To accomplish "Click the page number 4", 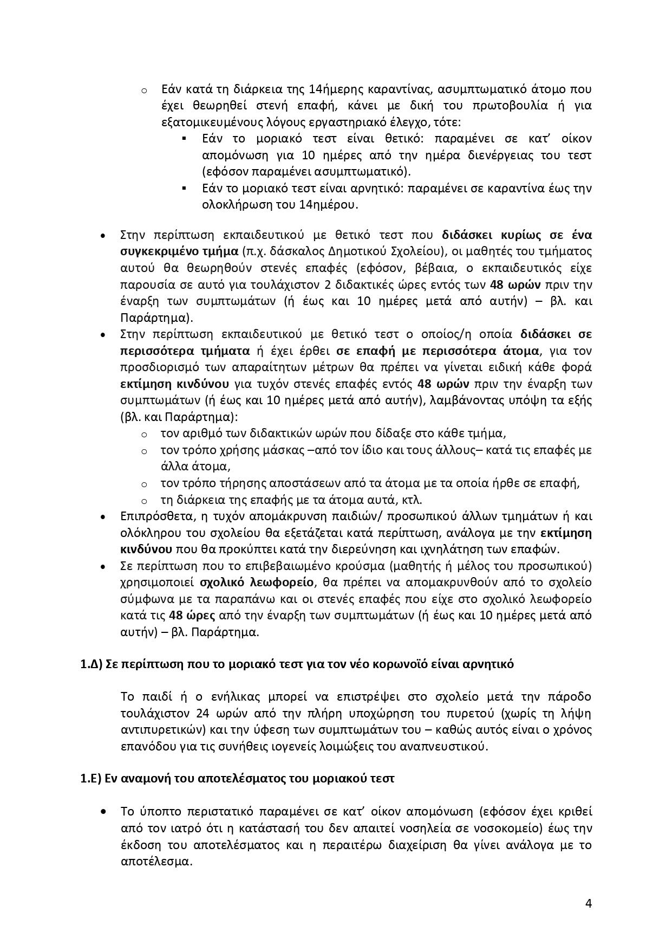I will [x=589, y=903].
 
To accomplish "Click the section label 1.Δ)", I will [x=91, y=664].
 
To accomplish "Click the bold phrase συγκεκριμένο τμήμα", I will [x=179, y=251].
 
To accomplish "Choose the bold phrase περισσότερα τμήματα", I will [x=185, y=351].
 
